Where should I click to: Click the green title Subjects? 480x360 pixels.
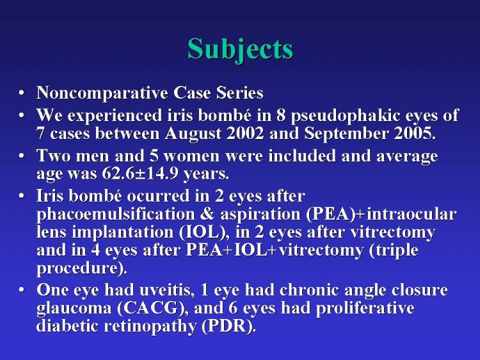point(240,50)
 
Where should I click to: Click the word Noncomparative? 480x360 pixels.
point(102,93)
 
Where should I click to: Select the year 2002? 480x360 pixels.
point(244,133)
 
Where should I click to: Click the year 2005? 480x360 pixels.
point(415,133)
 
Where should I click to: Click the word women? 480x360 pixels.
point(191,156)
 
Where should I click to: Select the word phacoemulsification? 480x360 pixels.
point(116,215)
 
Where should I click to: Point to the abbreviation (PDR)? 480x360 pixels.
point(228,326)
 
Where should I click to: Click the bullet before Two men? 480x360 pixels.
point(21,156)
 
